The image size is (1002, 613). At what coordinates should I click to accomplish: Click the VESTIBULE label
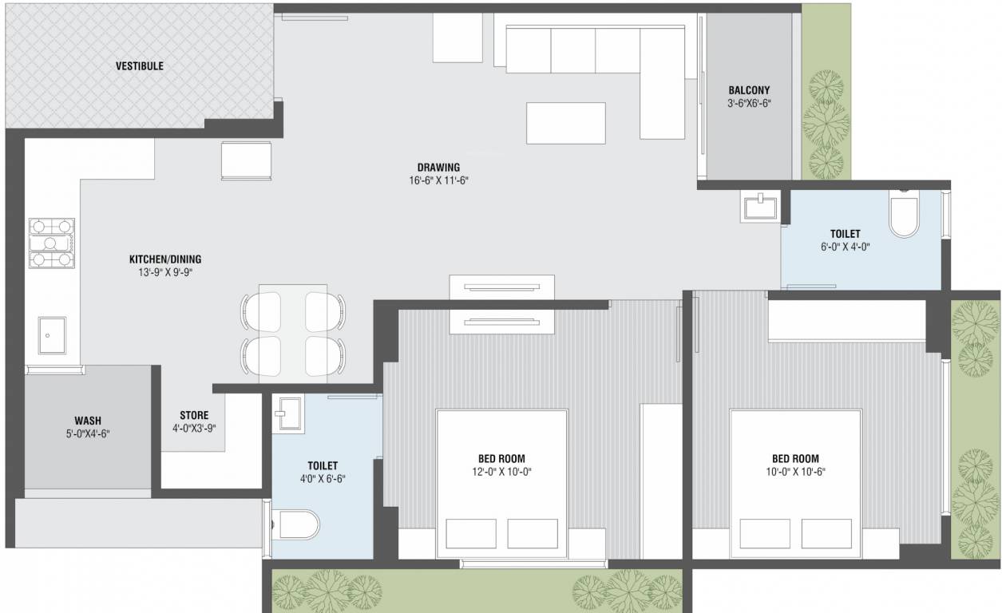(x=139, y=66)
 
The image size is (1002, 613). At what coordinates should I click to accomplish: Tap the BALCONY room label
(x=749, y=90)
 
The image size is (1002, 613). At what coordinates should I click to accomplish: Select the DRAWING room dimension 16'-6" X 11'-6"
(x=438, y=180)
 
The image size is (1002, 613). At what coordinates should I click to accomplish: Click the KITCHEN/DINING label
(x=165, y=259)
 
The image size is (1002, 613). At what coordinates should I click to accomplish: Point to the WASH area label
(x=88, y=421)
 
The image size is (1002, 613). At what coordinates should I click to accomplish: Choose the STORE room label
(x=194, y=415)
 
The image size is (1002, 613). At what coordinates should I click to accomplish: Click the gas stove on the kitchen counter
(x=52, y=243)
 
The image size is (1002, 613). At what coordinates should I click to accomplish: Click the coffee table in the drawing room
(x=565, y=123)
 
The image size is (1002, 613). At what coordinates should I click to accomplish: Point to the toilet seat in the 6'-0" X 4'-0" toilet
(x=905, y=216)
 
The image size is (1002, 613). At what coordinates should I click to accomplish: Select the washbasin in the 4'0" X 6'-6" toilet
(x=287, y=413)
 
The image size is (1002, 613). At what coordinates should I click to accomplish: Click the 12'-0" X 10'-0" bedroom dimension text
(x=501, y=472)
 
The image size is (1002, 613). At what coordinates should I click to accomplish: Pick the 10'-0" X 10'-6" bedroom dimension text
(x=795, y=472)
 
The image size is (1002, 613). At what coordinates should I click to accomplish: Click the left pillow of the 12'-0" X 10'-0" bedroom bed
(x=470, y=533)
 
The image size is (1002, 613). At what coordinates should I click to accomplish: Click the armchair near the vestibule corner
(x=246, y=160)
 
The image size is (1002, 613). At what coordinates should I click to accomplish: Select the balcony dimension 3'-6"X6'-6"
(x=749, y=104)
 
